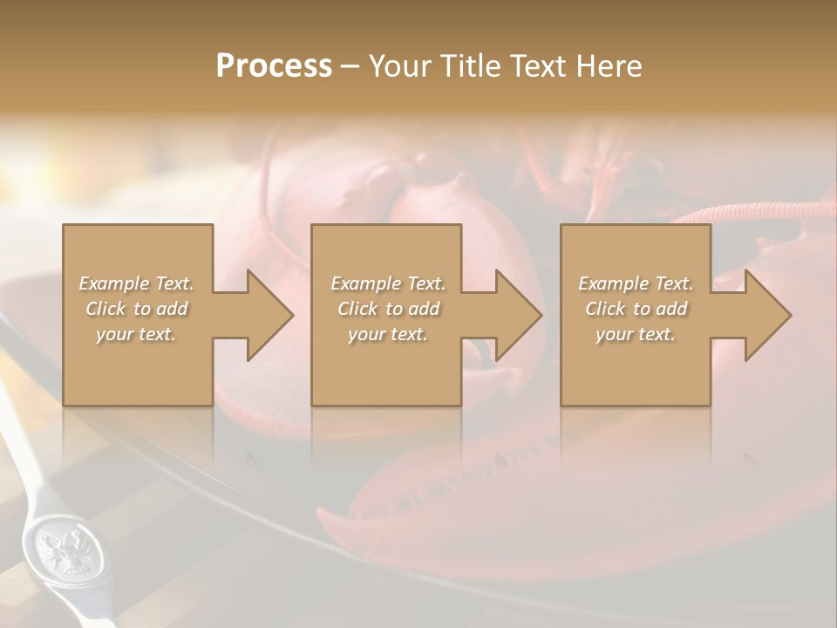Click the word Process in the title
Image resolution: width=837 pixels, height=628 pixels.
[274, 66]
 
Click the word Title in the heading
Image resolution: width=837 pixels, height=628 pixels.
[472, 66]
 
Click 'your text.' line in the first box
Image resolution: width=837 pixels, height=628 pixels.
[136, 334]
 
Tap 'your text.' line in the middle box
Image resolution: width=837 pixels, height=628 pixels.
[387, 334]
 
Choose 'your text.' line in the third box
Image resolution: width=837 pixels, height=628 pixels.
[636, 334]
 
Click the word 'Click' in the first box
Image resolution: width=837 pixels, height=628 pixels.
[105, 309]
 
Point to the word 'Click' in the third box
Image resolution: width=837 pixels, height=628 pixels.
[605, 309]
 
